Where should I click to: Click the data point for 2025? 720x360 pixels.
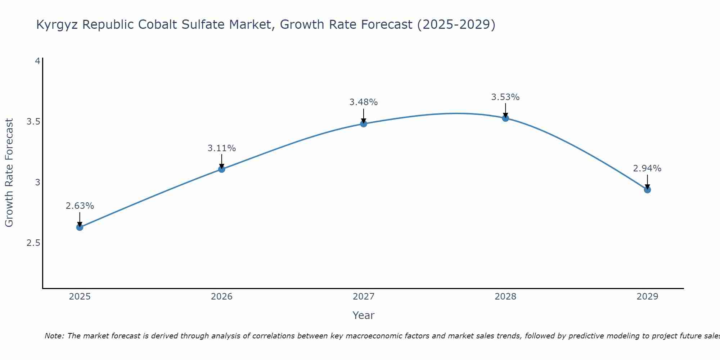click(x=80, y=227)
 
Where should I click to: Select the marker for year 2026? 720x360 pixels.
click(x=222, y=169)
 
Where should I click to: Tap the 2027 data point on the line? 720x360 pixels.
click(x=364, y=124)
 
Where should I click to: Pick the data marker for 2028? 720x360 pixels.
click(x=505, y=118)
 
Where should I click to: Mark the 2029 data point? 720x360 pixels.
click(x=647, y=190)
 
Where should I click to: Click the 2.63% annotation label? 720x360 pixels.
click(x=80, y=206)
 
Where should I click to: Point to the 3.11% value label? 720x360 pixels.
click(x=222, y=148)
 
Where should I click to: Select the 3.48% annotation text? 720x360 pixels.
click(x=364, y=102)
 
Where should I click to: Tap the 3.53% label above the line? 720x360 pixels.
click(x=505, y=97)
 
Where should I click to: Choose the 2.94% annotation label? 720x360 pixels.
click(x=647, y=168)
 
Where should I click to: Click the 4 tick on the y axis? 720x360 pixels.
click(x=37, y=61)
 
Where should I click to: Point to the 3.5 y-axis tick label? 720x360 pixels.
click(x=33, y=122)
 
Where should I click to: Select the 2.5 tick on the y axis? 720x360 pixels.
click(x=33, y=243)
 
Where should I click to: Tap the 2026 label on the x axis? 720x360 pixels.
click(x=222, y=297)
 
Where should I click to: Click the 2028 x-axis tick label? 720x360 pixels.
click(x=505, y=297)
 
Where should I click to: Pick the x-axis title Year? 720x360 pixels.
click(x=364, y=315)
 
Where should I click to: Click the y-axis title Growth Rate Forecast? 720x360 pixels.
click(x=9, y=173)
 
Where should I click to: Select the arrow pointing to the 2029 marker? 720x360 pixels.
click(x=647, y=182)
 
